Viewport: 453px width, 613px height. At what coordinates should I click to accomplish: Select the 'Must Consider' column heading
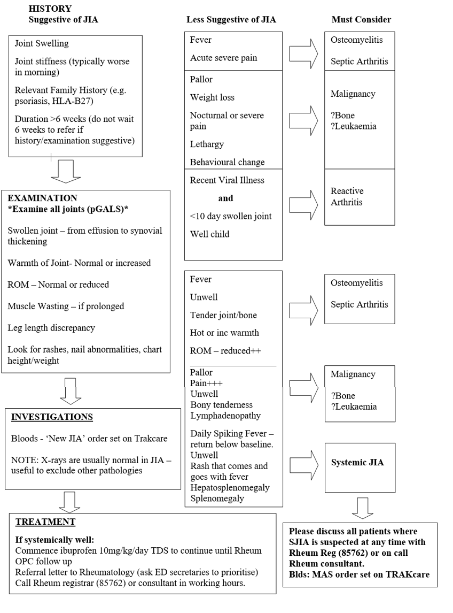[361, 20]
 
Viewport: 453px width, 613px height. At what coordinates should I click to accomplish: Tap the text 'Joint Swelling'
[42, 44]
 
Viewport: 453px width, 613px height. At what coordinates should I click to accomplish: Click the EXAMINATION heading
[42, 198]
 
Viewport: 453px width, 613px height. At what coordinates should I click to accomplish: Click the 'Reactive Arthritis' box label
[347, 197]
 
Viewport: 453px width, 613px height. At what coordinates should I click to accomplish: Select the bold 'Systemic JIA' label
[357, 463]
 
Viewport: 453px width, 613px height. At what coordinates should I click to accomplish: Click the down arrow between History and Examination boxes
[67, 171]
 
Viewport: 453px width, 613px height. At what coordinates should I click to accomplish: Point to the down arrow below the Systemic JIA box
[363, 508]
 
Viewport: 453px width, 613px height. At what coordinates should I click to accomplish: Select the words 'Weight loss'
[212, 97]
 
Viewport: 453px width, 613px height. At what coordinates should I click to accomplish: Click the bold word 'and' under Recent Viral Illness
[225, 198]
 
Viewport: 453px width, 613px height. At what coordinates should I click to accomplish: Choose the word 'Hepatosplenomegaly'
[230, 488]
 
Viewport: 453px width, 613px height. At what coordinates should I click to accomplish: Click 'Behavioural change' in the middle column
[227, 162]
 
